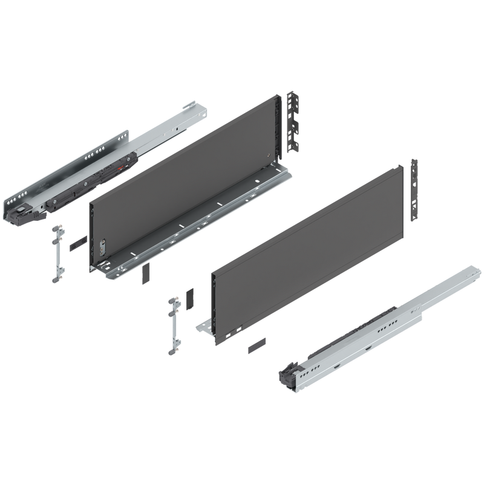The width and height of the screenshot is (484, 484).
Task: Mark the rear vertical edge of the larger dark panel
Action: (278, 130)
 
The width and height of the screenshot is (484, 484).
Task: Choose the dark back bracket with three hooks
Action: (295, 121)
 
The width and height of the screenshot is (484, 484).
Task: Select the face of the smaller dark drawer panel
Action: (309, 242)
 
